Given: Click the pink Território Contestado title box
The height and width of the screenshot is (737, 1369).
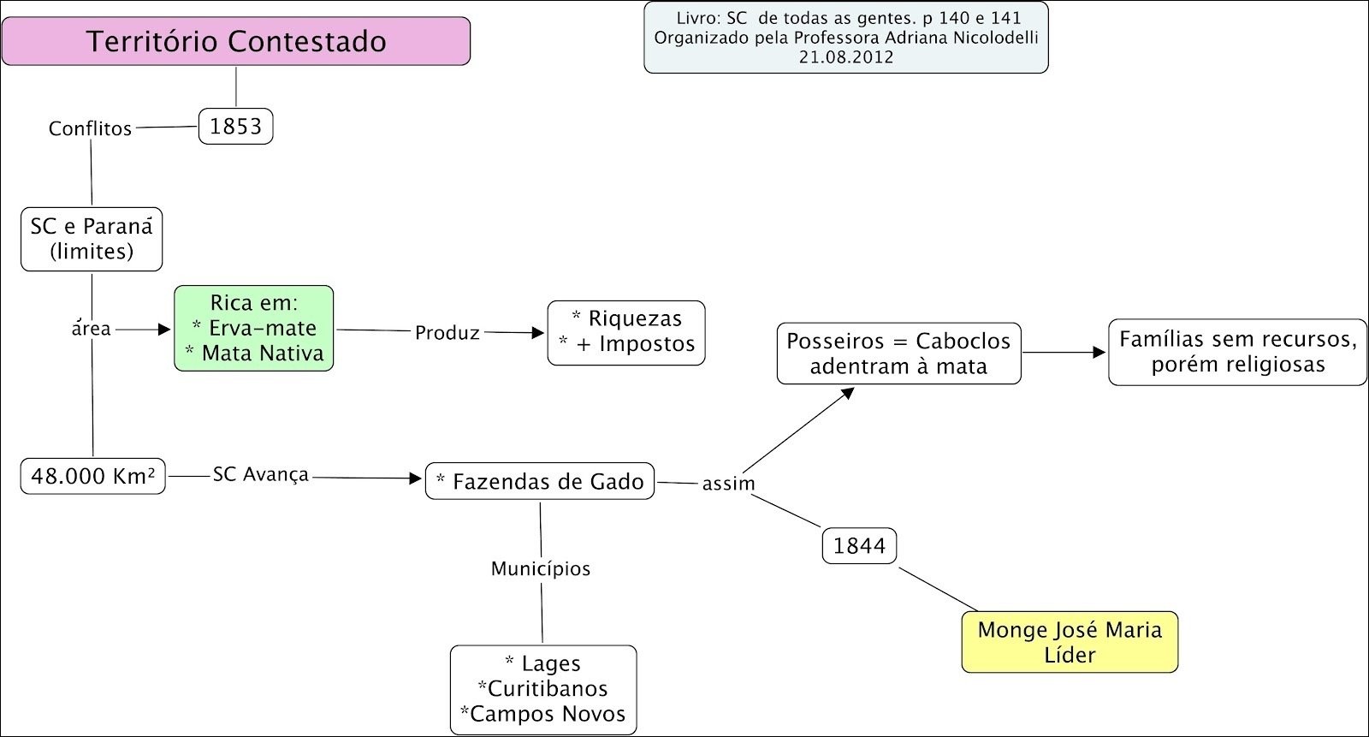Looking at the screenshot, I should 236,41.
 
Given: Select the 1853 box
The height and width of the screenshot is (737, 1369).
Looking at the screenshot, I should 235,126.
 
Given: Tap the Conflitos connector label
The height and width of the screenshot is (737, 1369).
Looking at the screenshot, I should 90,128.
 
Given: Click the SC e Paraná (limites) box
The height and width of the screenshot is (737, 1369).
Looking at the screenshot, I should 92,239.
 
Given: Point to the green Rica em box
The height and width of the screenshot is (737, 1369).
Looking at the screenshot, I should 254,328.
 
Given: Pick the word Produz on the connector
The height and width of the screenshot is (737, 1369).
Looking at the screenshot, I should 447,333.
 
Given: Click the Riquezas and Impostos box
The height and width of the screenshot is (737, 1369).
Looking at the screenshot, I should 626,332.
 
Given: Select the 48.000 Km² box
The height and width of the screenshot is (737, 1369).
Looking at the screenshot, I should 92,476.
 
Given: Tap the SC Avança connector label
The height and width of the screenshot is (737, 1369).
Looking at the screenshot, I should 260,474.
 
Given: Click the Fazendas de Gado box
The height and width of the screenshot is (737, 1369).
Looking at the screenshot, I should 540,481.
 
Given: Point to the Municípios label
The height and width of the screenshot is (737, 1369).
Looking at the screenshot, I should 541,568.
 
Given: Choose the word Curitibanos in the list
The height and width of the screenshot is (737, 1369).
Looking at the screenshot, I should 543,689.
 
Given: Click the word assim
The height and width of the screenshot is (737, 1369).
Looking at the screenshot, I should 728,484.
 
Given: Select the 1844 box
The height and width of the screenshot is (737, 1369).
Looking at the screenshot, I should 859,545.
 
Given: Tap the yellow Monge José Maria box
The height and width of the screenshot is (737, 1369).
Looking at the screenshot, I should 1070,642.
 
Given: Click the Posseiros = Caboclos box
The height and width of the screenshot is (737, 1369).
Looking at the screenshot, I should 898,354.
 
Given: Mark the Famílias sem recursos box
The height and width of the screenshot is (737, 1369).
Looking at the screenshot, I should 1237,352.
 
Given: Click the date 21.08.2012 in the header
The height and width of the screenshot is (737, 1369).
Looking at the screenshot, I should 846,57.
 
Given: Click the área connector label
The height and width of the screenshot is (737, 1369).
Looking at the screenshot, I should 92,329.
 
